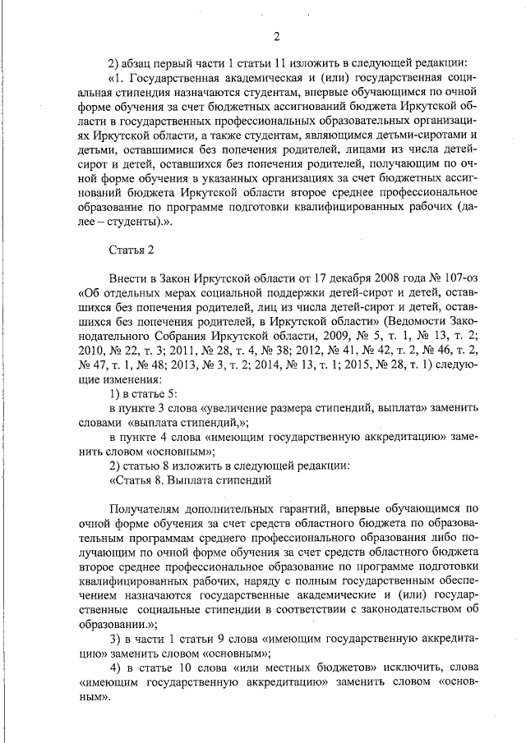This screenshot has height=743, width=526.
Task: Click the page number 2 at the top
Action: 276,35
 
